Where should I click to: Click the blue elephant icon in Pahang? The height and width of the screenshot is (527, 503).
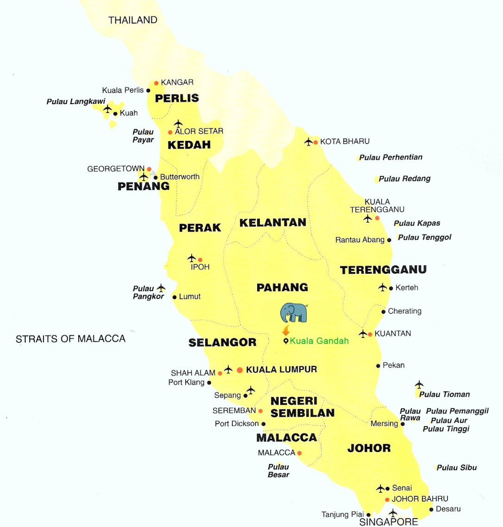click(294, 313)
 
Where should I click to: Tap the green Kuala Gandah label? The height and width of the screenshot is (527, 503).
click(319, 341)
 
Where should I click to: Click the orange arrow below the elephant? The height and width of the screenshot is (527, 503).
click(286, 330)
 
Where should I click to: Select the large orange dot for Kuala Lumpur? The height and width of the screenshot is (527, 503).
click(240, 370)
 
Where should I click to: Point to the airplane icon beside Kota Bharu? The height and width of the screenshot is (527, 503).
click(308, 142)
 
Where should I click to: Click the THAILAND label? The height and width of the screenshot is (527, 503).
click(132, 20)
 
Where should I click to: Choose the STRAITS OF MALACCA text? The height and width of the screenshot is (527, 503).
click(70, 339)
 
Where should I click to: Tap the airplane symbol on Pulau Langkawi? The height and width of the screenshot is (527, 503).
click(107, 109)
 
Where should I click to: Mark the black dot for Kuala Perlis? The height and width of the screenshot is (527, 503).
click(148, 91)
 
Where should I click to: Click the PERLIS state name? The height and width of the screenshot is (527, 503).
click(177, 98)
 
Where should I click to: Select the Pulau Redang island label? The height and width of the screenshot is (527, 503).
click(404, 179)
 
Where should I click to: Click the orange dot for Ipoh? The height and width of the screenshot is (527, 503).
click(200, 260)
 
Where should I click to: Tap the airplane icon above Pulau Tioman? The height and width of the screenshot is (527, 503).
click(419, 384)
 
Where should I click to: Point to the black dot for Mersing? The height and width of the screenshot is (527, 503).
click(402, 424)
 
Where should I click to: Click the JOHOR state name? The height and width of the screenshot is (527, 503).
click(369, 448)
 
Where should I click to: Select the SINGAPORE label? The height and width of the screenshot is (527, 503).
click(389, 522)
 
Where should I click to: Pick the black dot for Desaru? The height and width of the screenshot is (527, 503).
click(431, 509)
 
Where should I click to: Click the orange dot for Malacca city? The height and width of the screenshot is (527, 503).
click(299, 453)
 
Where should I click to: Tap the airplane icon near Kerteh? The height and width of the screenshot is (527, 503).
click(382, 288)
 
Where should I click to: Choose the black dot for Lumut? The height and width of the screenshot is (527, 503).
click(175, 297)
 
